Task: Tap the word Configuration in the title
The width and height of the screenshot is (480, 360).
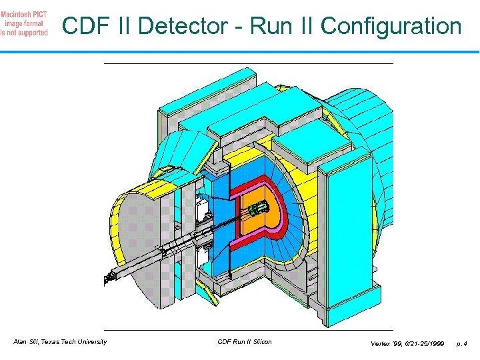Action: tap(391, 27)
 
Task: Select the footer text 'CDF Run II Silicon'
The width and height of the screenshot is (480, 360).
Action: tap(245, 342)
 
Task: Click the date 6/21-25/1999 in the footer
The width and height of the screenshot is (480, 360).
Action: tap(421, 343)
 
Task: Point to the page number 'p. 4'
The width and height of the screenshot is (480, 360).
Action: tap(461, 343)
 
